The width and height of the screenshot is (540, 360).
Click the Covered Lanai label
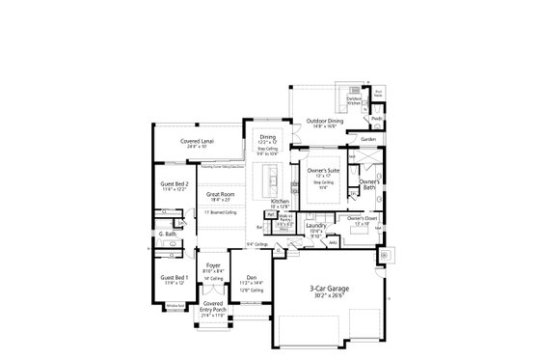[x=198, y=141]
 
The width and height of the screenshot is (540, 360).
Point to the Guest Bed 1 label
[x=175, y=277]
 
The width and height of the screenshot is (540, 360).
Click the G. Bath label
[x=168, y=235]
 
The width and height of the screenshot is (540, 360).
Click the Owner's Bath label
[x=367, y=183]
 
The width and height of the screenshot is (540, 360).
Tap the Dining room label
[x=267, y=137]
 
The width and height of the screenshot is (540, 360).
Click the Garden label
[x=368, y=139]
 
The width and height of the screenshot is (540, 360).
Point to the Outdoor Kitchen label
[x=355, y=98]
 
